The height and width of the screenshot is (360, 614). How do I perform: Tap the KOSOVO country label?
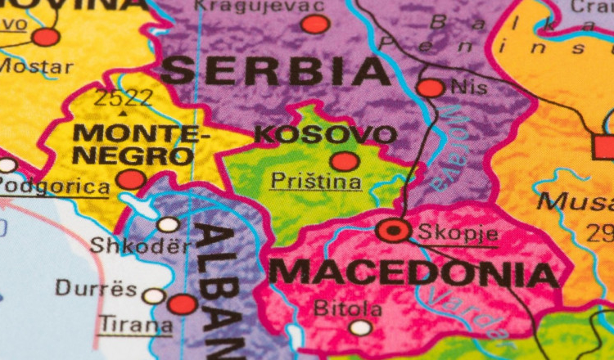[326, 134]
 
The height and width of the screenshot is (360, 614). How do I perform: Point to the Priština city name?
[315, 181]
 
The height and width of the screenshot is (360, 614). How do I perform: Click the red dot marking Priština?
[345, 161]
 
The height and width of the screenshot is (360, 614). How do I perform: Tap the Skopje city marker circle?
[394, 232]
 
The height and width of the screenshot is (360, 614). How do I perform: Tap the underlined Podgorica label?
[54, 186]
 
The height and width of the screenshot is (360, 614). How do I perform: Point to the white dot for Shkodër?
[168, 224]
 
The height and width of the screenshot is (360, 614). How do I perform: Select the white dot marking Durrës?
[153, 296]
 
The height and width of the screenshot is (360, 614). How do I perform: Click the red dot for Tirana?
[183, 304]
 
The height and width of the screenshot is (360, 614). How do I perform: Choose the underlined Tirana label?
[136, 324]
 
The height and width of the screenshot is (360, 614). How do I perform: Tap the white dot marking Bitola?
[360, 328]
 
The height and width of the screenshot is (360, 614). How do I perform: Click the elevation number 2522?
[124, 99]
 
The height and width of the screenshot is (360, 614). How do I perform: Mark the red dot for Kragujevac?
[315, 24]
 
